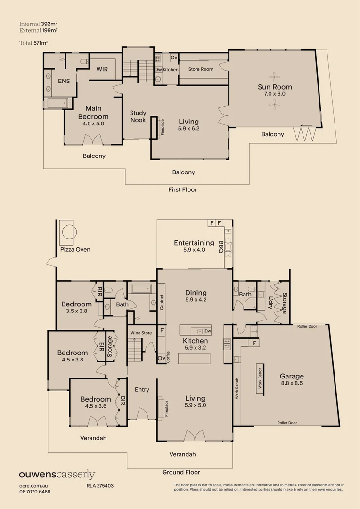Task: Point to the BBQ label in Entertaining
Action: [221, 247]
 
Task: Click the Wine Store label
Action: [141, 333]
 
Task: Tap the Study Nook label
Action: [138, 116]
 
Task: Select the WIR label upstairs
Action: [102, 69]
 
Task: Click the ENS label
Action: [64, 81]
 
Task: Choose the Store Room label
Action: [201, 69]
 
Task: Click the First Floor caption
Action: [182, 189]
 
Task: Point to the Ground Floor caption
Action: [181, 472]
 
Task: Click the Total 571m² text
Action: [34, 42]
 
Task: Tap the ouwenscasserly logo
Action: [57, 475]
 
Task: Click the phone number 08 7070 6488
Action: [35, 491]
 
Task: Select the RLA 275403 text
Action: [100, 485]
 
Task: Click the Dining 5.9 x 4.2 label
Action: [196, 296]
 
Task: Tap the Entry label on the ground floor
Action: [142, 389]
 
